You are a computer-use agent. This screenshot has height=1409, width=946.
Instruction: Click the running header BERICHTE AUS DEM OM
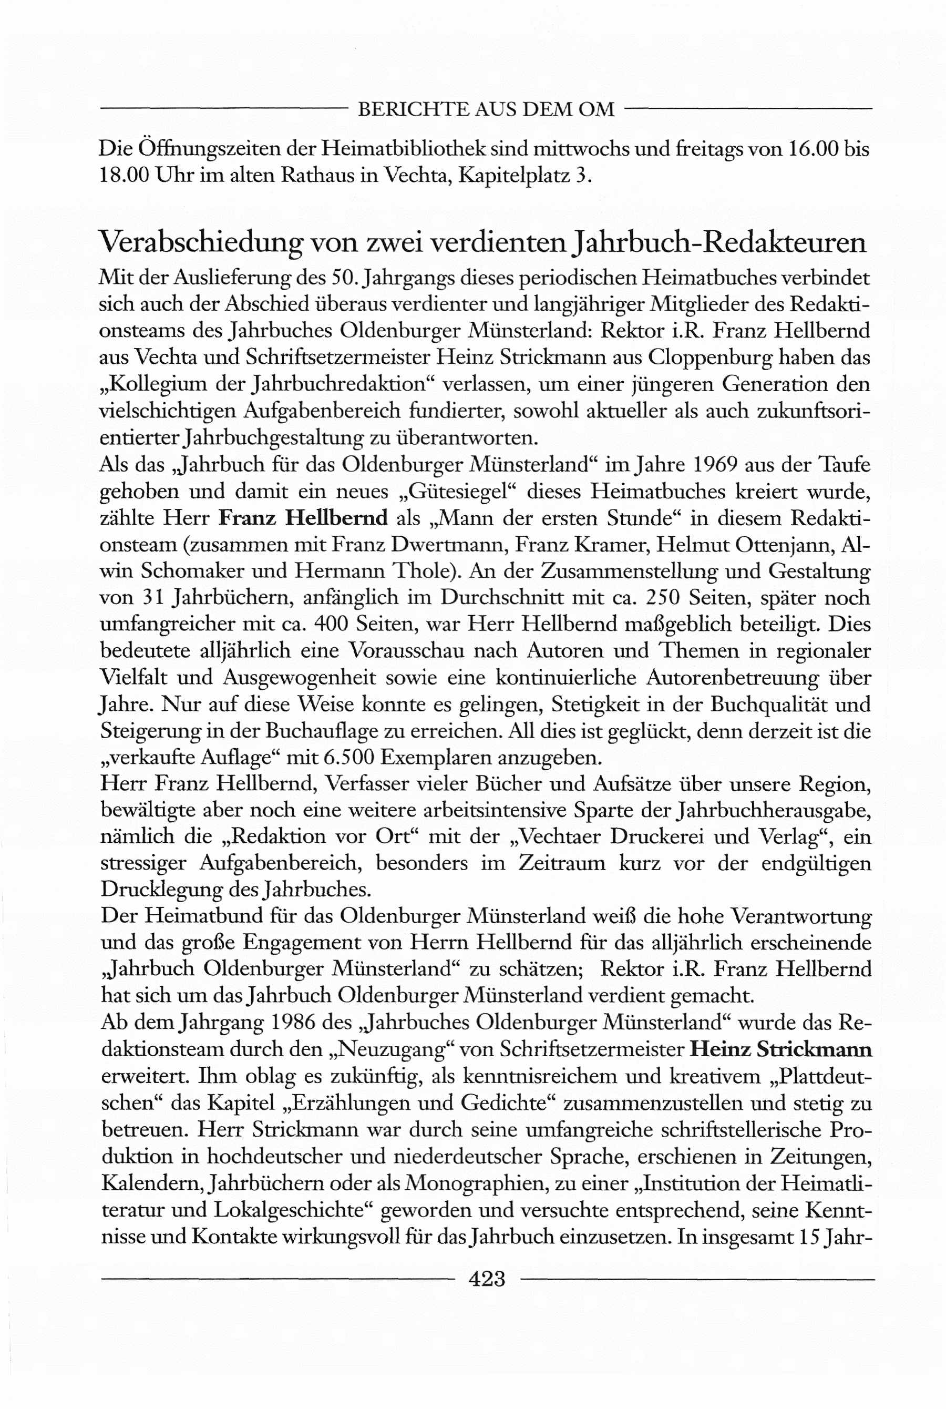[486, 109]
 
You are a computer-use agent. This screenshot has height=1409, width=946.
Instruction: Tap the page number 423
[486, 1278]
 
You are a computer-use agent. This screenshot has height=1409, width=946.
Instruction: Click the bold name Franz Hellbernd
[303, 518]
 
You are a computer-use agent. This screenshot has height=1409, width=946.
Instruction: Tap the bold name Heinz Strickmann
[780, 1049]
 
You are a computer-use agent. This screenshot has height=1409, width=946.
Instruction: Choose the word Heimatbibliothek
[404, 149]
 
